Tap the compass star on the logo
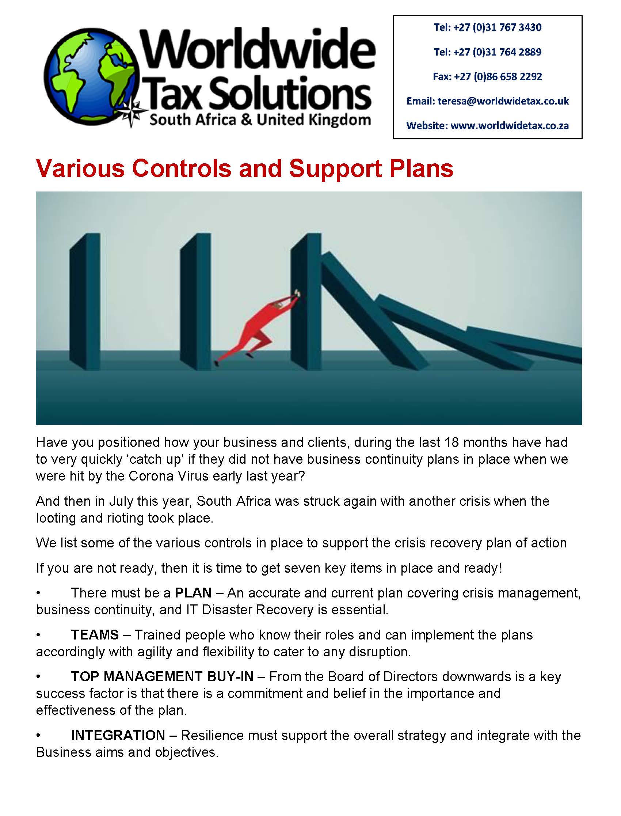(x=132, y=112)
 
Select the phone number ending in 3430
(x=487, y=27)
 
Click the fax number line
(x=487, y=76)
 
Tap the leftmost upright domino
(x=85, y=301)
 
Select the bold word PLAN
(x=193, y=593)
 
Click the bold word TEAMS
(x=95, y=635)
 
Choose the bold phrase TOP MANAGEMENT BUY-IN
(x=162, y=677)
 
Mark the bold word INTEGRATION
(x=118, y=735)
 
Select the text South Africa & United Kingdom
(x=260, y=120)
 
